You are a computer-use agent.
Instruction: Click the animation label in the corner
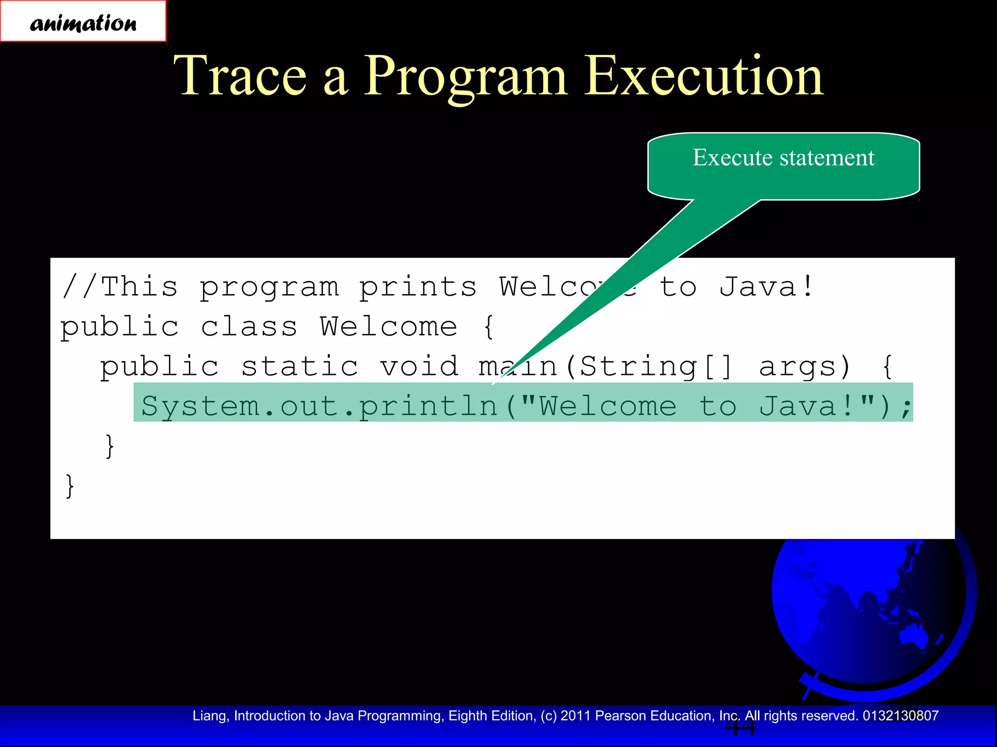point(83,22)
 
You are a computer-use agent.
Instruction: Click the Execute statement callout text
point(783,158)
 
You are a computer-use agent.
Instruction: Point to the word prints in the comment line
point(418,287)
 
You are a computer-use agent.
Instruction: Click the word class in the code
point(249,327)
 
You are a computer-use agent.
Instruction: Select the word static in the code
point(299,366)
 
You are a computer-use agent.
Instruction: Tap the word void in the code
point(419,366)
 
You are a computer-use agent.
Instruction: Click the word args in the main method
point(804,367)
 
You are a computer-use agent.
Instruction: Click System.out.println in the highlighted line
point(319,407)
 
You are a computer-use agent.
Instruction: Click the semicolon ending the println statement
point(905,408)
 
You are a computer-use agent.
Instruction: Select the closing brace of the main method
point(110,446)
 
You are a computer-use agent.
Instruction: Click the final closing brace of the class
point(70,486)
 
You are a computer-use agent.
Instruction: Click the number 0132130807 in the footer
point(900,716)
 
